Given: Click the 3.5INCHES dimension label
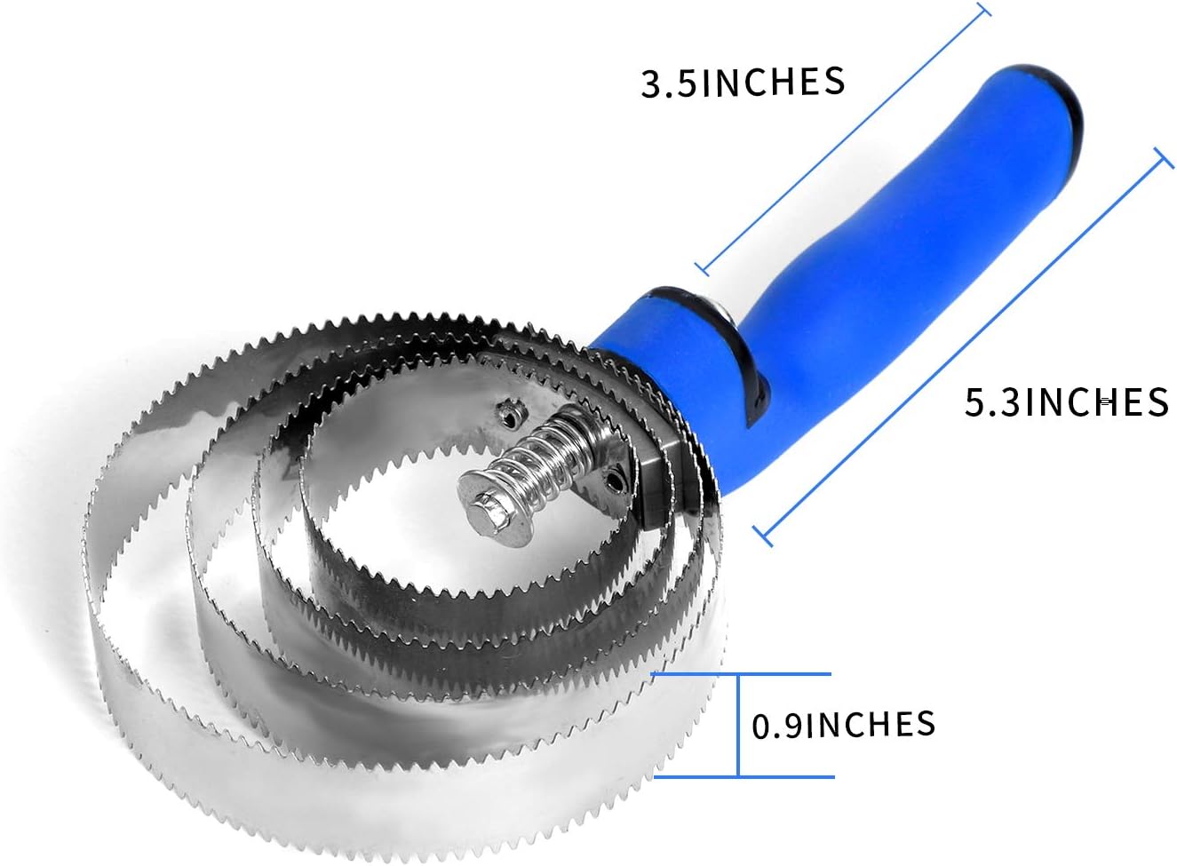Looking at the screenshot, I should pyautogui.click(x=743, y=83).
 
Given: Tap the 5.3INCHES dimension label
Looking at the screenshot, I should pyautogui.click(x=1066, y=402).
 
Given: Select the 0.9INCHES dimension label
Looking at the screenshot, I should pyautogui.click(x=843, y=725).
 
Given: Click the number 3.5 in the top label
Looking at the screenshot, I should pyautogui.click(x=671, y=84).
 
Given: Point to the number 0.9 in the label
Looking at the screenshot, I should pyautogui.click(x=777, y=727).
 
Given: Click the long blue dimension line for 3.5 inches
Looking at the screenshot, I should pyautogui.click(x=844, y=138).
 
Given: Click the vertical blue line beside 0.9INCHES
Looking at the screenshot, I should pyautogui.click(x=738, y=725).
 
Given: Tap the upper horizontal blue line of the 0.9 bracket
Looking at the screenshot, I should pyautogui.click(x=742, y=674).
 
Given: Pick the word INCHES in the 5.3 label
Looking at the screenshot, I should pyautogui.click(x=1097, y=402).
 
